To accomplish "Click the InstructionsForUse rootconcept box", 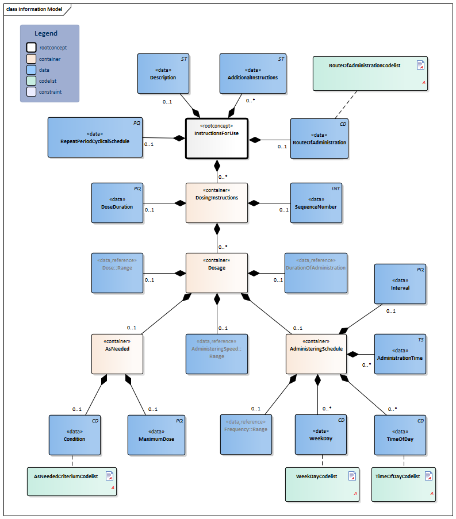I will click(x=216, y=138).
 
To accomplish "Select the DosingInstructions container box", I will click(x=216, y=202).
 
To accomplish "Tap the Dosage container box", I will click(x=216, y=272).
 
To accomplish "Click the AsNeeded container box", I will click(x=117, y=353).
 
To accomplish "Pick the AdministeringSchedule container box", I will click(x=316, y=353).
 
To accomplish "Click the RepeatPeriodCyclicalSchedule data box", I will click(x=95, y=137).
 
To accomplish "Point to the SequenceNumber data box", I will click(x=316, y=202).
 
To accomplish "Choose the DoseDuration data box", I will click(x=117, y=202).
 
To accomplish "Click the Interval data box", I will click(x=400, y=283).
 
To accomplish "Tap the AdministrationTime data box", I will click(x=400, y=353).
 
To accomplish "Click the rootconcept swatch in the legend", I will click(x=31, y=48).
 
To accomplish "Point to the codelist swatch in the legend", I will click(x=31, y=80).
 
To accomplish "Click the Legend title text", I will click(x=46, y=34).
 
